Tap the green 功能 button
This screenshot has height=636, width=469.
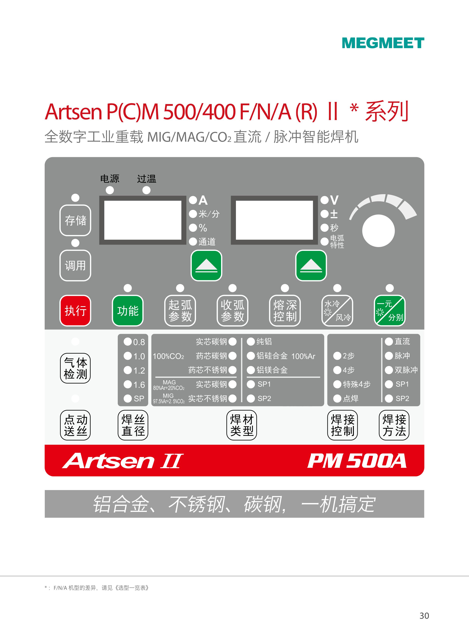click(x=128, y=311)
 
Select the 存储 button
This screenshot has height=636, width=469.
click(x=75, y=220)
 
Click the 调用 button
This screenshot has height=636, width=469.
click(x=75, y=266)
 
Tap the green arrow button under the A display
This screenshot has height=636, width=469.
click(x=206, y=266)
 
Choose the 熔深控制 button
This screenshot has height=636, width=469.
click(x=285, y=311)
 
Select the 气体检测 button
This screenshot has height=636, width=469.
click(x=75, y=368)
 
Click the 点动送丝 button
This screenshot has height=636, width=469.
click(x=75, y=425)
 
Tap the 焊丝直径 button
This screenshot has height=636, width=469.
click(x=133, y=425)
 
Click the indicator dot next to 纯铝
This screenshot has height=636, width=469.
click(x=251, y=341)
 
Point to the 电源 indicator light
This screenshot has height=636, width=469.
click(x=110, y=190)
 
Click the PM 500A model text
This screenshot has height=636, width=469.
click(x=357, y=461)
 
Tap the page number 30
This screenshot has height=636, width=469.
click(x=424, y=616)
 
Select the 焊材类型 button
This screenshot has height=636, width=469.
click(x=242, y=425)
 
